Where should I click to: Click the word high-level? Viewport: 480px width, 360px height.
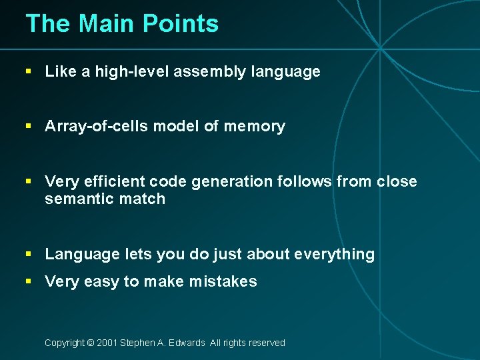click(130, 71)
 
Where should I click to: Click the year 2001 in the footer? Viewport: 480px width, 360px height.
click(107, 343)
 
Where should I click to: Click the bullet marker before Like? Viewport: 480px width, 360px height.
click(29, 71)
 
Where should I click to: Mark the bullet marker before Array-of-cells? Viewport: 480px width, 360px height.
click(29, 126)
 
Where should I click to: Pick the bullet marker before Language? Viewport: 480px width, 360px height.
click(29, 254)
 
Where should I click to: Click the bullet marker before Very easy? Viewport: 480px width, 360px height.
click(29, 281)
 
